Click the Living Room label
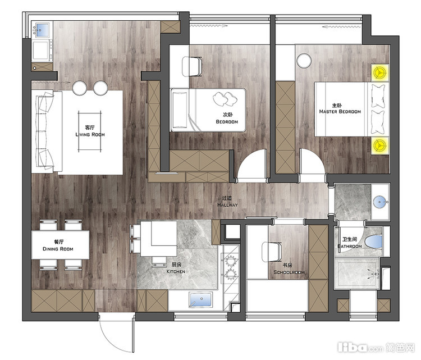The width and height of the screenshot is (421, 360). pos(90,134)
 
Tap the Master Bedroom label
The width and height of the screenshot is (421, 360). pos(340,111)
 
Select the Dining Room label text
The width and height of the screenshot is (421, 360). pos(58,249)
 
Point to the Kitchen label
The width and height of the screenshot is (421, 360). pos(176,271)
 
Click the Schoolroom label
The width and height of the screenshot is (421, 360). pos(289,272)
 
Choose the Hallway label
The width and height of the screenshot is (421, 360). pos(227,205)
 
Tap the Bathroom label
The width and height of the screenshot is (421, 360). pos(350,246)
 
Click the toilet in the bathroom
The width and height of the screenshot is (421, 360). pos(374,242)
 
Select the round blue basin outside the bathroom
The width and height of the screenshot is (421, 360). pos(379,202)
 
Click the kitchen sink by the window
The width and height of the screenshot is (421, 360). pos(200,299)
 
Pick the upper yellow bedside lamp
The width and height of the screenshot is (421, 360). pos(380,72)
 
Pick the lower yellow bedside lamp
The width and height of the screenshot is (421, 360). pos(380,145)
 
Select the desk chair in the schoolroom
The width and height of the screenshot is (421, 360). pos(272,252)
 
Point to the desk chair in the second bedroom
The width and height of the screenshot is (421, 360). pos(192,66)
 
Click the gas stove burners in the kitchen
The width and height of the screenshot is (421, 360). pos(231,267)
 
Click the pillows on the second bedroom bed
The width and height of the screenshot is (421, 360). pos(225,99)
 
